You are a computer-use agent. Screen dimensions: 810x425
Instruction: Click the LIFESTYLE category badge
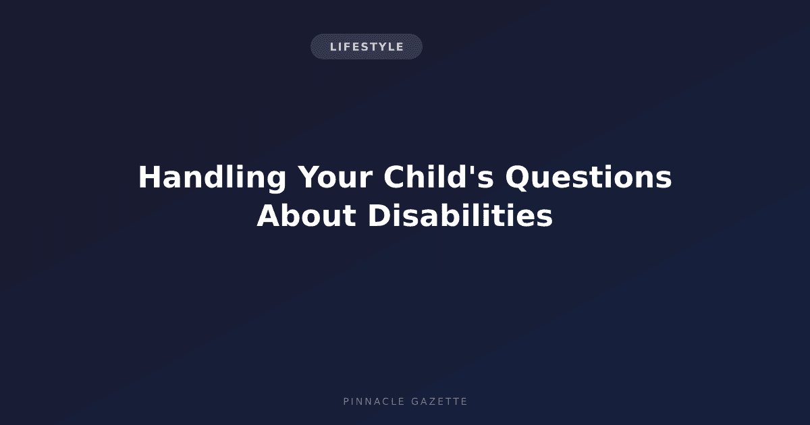pyautogui.click(x=367, y=47)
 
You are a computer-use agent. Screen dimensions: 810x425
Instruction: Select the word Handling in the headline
pyautogui.click(x=212, y=177)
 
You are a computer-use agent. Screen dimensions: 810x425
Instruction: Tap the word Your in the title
pyautogui.click(x=335, y=177)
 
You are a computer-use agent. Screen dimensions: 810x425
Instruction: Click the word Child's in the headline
pyautogui.click(x=438, y=177)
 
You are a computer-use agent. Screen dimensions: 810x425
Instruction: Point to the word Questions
pyautogui.click(x=589, y=177)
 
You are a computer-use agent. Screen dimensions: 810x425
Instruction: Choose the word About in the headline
pyautogui.click(x=306, y=215)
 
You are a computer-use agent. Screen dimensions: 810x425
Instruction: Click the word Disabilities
pyautogui.click(x=460, y=215)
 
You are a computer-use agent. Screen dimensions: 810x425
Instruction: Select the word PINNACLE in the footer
pyautogui.click(x=374, y=401)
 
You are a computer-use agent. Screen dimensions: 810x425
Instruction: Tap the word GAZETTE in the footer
pyautogui.click(x=439, y=401)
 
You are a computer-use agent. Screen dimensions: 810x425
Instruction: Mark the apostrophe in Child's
pyautogui.click(x=473, y=170)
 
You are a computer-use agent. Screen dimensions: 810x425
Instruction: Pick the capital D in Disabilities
pyautogui.click(x=379, y=215)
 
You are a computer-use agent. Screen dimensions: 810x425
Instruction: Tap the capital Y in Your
pyautogui.click(x=309, y=177)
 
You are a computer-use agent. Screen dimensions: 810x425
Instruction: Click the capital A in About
pyautogui.click(x=270, y=215)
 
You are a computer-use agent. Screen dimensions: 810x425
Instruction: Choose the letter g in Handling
pyautogui.click(x=274, y=181)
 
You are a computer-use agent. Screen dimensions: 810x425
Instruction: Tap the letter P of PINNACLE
pyautogui.click(x=346, y=401)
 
